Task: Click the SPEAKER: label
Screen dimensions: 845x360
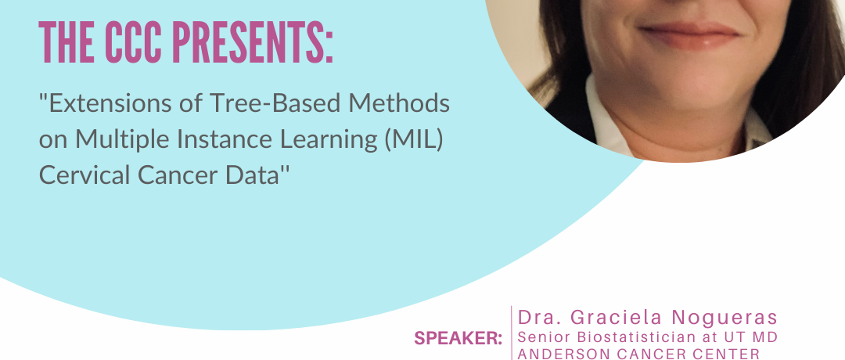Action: pos(458,338)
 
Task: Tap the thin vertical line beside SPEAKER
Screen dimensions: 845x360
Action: pos(511,333)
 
